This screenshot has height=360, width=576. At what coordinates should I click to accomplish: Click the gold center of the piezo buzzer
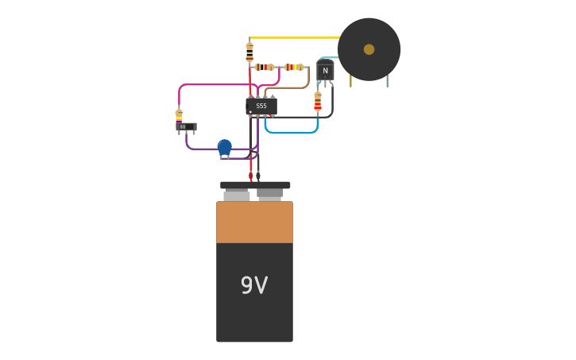click(x=369, y=49)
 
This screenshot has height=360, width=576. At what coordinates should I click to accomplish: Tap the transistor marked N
click(x=325, y=72)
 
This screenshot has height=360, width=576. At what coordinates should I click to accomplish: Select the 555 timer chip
click(x=261, y=106)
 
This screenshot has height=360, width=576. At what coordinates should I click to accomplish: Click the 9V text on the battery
click(x=254, y=285)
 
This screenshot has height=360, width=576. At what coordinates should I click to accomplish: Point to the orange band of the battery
click(x=254, y=223)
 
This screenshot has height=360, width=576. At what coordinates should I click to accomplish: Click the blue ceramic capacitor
click(x=225, y=147)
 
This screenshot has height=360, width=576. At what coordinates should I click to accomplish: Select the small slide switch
click(x=185, y=126)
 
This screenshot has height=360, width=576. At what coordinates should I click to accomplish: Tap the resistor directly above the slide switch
click(x=179, y=116)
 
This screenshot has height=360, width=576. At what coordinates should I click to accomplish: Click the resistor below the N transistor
click(x=318, y=102)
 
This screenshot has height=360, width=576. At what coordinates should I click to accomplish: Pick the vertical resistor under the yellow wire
click(x=249, y=52)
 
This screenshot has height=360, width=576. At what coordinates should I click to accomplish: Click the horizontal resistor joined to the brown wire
click(x=293, y=67)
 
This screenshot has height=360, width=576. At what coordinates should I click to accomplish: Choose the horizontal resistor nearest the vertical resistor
click(x=265, y=67)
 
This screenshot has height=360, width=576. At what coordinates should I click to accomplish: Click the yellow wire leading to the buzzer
click(x=294, y=37)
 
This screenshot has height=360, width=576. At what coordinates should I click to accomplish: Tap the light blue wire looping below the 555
click(x=291, y=133)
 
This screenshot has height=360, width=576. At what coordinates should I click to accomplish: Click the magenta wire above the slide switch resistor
click(x=215, y=84)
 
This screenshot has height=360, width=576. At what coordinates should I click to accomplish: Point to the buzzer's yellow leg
click(x=350, y=80)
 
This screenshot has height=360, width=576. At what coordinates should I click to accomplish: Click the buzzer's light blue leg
click(x=387, y=80)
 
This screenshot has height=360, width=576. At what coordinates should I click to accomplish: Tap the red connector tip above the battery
click(x=251, y=176)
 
